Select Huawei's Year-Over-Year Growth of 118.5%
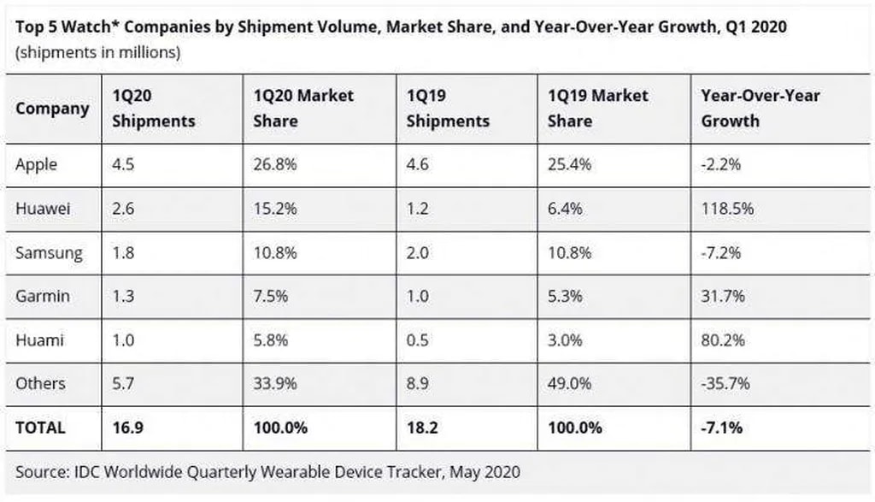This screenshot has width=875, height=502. coord(723,209)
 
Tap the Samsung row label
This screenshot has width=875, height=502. coord(49,252)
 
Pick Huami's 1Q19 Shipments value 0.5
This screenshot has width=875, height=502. coord(419,340)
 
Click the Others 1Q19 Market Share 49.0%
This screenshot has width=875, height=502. coord(569,384)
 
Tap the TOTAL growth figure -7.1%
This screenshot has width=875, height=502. coord(723,427)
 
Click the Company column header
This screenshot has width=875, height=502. coord(51,109)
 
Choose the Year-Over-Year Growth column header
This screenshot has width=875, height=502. coord(760,109)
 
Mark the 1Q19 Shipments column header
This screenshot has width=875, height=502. coord(448,109)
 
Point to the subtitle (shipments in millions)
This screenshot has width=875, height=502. coord(97,52)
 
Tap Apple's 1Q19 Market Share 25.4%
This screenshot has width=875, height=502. coord(569,165)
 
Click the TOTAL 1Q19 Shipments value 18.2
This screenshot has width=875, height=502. coord(422,427)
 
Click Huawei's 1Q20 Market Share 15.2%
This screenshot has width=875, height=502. coord(275,209)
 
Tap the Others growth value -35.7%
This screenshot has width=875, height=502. coord(725,384)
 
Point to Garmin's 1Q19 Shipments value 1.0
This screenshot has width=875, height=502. coord(418,296)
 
